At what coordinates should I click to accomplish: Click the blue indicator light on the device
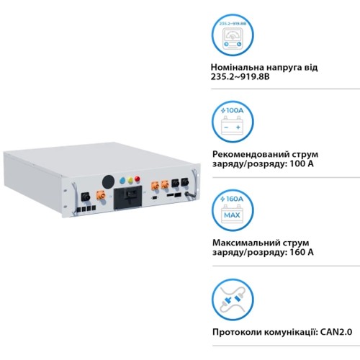pyautogui.click(x=122, y=181)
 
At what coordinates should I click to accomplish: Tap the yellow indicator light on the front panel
pyautogui.click(x=130, y=180)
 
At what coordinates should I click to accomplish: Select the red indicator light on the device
pyautogui.click(x=138, y=179)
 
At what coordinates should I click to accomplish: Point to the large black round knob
pyautogui.click(x=108, y=181)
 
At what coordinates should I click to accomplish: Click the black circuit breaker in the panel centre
pyautogui.click(x=127, y=197)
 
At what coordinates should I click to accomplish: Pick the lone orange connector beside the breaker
pyautogui.click(x=101, y=195)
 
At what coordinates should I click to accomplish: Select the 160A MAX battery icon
pyautogui.click(x=233, y=212)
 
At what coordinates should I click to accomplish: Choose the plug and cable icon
pyautogui.click(x=233, y=300)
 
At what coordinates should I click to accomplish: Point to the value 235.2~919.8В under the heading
pyautogui.click(x=240, y=77)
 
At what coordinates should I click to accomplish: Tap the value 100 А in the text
pyautogui.click(x=302, y=164)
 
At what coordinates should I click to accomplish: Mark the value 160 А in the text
pyautogui.click(x=302, y=253)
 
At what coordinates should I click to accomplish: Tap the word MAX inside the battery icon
pyautogui.click(x=232, y=215)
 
